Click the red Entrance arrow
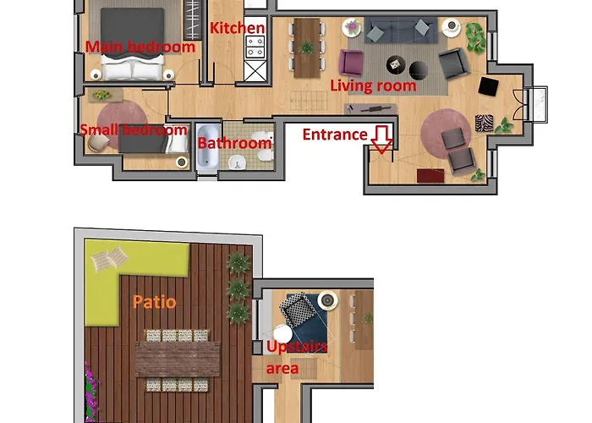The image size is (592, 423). [381, 140]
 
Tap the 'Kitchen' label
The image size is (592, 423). [238, 28]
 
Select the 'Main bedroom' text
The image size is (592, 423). [140, 47]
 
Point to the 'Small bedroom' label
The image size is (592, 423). [133, 129]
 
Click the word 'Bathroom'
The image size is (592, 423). [234, 143]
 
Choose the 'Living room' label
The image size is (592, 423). [373, 85]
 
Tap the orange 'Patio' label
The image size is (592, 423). [154, 301]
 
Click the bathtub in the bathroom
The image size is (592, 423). [207, 149]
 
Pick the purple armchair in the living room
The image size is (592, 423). [351, 62]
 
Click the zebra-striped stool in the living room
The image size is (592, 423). [484, 122]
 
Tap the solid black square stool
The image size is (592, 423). [489, 85]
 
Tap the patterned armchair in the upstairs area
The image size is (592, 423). [299, 309]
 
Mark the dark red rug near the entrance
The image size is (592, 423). [430, 175]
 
